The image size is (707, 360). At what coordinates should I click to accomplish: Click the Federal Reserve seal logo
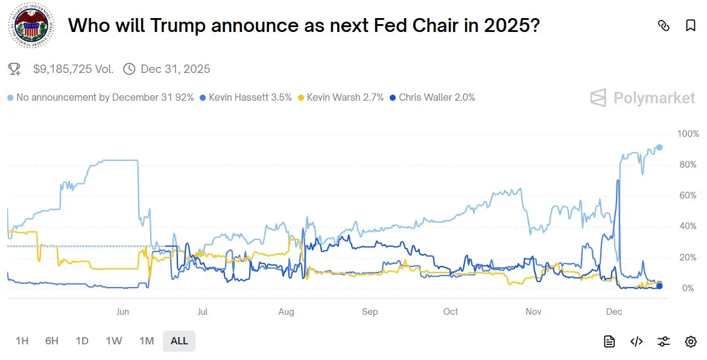pyautogui.click(x=30, y=27)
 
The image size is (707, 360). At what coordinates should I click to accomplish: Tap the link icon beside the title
pyautogui.click(x=664, y=25)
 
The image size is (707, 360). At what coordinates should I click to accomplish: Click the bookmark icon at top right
pyautogui.click(x=691, y=25)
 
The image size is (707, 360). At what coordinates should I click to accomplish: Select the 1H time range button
pyautogui.click(x=22, y=341)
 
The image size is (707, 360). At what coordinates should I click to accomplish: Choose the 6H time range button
pyautogui.click(x=52, y=341)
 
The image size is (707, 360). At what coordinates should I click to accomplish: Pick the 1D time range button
pyautogui.click(x=82, y=341)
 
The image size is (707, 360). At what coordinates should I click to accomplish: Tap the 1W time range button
pyautogui.click(x=114, y=341)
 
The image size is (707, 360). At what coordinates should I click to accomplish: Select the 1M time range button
pyautogui.click(x=147, y=341)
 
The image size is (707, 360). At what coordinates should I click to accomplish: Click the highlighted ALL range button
pyautogui.click(x=179, y=341)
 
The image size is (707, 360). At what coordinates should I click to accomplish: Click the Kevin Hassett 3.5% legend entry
pyautogui.click(x=246, y=97)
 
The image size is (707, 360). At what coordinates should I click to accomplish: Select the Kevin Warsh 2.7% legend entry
pyautogui.click(x=341, y=97)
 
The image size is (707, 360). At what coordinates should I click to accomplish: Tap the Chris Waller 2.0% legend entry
pyautogui.click(x=433, y=97)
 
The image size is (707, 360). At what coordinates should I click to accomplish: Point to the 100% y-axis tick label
pyautogui.click(x=688, y=134)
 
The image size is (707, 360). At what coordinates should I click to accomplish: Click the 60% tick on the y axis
pyautogui.click(x=688, y=195)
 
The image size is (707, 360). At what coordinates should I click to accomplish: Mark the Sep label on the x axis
pyautogui.click(x=370, y=312)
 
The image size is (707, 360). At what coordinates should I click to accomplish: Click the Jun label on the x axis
pyautogui.click(x=122, y=312)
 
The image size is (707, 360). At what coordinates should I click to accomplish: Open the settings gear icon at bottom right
pyautogui.click(x=691, y=342)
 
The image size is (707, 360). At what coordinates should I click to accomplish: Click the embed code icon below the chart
pyautogui.click(x=636, y=342)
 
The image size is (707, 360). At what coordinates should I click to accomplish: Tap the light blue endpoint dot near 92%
pyautogui.click(x=659, y=147)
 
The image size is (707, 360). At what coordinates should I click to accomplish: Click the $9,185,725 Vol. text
pyautogui.click(x=73, y=69)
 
